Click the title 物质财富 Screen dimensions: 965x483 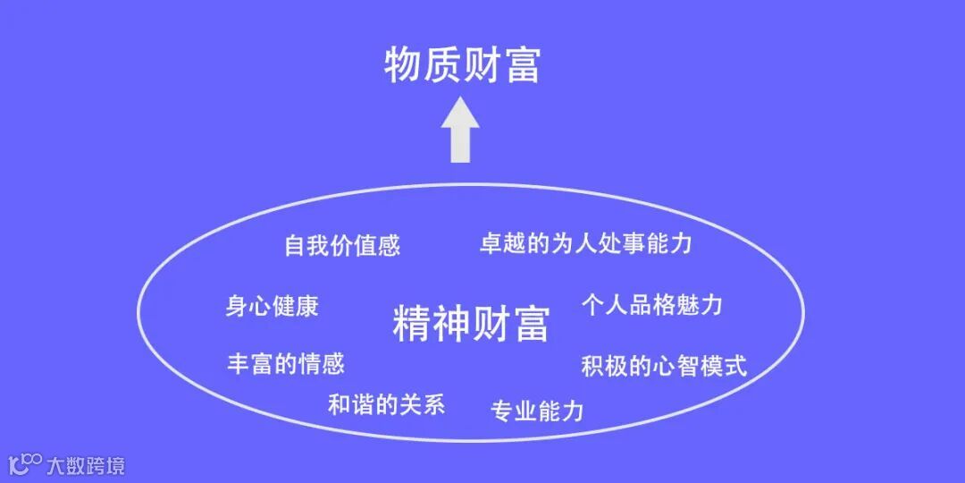tap(462, 65)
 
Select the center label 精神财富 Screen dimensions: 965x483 tap(470, 324)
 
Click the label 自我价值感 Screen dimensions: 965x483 tap(342, 245)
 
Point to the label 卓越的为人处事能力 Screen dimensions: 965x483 tap(585, 243)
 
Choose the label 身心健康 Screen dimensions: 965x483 tap(272, 306)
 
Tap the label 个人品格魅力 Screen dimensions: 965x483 tap(651, 304)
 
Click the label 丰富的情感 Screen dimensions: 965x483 tap(285, 363)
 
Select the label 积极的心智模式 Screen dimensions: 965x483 tap(664, 366)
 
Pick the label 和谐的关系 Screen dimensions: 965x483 tap(386, 404)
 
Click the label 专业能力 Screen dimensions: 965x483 tap(536, 411)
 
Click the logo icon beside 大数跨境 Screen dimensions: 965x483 tap(25, 464)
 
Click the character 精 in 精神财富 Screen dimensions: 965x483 tap(412, 324)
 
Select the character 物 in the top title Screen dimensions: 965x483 tap(403, 65)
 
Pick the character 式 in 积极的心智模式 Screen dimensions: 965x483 tap(735, 366)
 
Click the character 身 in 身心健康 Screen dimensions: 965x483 tap(236, 306)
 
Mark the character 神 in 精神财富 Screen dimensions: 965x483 tap(451, 324)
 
